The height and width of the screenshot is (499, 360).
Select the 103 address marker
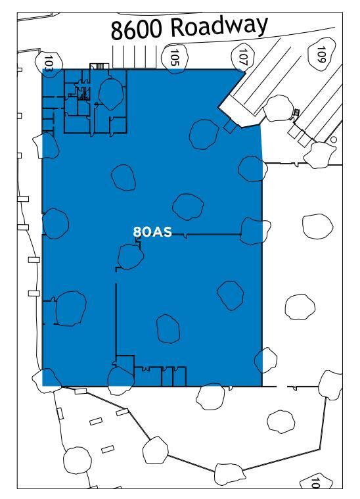[x=48, y=63]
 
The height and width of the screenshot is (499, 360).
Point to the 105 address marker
[x=175, y=57]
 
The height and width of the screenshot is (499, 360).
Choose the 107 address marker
[x=244, y=57]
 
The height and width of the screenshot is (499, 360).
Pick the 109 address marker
[x=321, y=53]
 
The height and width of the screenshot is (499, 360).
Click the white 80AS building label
[x=152, y=231]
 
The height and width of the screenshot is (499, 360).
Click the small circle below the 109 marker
[x=333, y=140]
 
